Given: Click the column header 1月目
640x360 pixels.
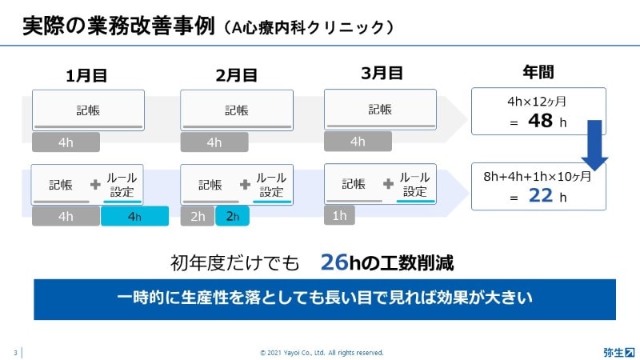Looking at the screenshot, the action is coord(86,75).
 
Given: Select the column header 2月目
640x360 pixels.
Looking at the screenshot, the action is coord(236,75).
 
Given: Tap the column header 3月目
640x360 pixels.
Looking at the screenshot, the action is coord(382,73).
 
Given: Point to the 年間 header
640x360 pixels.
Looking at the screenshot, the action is coord(538,72).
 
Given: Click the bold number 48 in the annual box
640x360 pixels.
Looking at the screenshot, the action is coord(541,121).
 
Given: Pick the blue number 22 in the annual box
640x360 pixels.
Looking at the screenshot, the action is coord(541,195).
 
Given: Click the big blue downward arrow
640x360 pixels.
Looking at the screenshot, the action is coord(594,146).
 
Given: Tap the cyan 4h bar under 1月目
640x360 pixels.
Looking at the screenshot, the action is coord(134,216).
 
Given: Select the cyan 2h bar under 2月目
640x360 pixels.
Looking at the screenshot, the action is coord(232,216).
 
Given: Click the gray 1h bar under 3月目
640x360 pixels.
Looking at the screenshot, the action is coord(339,215).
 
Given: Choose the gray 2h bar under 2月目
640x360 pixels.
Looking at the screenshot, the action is coord(198,216).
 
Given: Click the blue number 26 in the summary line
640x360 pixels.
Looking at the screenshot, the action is coord(334,262).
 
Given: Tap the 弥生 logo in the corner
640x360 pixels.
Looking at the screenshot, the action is coord(619,352).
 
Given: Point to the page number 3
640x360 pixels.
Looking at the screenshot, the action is coord(15,353).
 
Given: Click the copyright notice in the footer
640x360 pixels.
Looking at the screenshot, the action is coord(322,353).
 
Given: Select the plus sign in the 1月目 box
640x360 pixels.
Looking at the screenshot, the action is coord(95,185).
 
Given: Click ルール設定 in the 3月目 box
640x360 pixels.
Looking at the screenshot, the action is coord(414,184).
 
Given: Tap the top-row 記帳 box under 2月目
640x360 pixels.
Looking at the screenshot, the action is coord(237,110).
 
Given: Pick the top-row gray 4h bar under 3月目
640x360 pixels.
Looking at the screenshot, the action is coord(358,142).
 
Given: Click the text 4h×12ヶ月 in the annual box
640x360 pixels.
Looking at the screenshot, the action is coord(537,102).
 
